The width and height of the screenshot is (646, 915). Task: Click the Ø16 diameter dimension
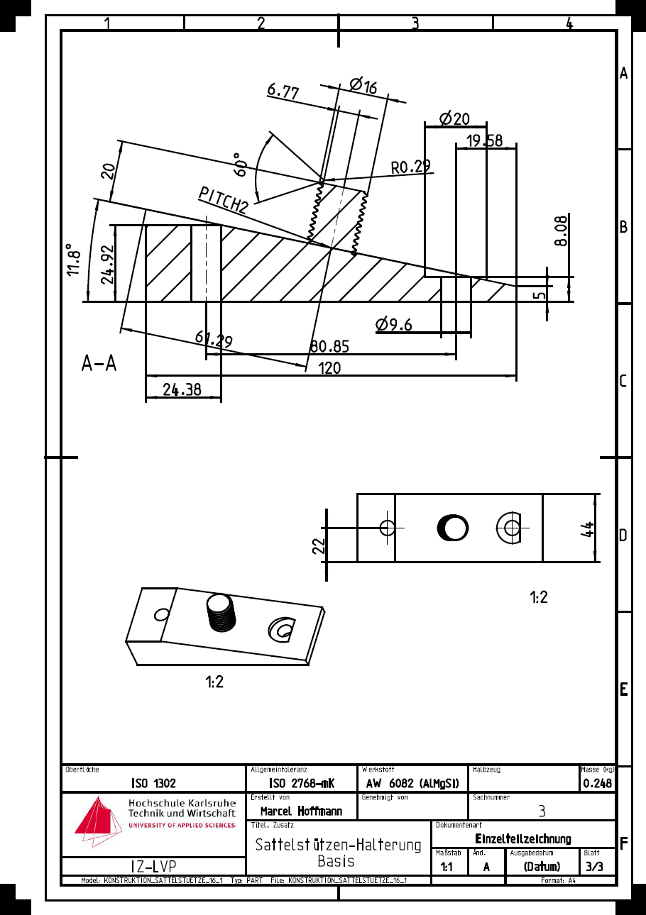[363, 86]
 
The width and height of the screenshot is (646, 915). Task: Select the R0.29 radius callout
[411, 167]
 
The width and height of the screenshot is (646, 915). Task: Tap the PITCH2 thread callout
[224, 200]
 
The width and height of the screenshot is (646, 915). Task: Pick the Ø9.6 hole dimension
[394, 325]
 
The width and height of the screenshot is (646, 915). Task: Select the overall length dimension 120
[329, 368]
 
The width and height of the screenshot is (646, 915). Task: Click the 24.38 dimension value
[182, 389]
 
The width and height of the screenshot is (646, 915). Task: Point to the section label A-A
[99, 365]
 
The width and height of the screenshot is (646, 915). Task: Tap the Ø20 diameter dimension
[454, 118]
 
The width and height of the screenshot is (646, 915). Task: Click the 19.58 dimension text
[484, 141]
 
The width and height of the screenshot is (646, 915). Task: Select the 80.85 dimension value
[329, 347]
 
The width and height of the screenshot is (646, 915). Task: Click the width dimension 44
[586, 528]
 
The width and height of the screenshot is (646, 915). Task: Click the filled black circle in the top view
[453, 527]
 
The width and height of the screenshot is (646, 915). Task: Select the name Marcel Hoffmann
[300, 811]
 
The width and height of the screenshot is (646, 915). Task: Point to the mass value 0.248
[597, 784]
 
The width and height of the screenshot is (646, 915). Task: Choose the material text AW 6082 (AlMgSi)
[412, 784]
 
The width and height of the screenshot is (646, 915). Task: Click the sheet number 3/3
[595, 867]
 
